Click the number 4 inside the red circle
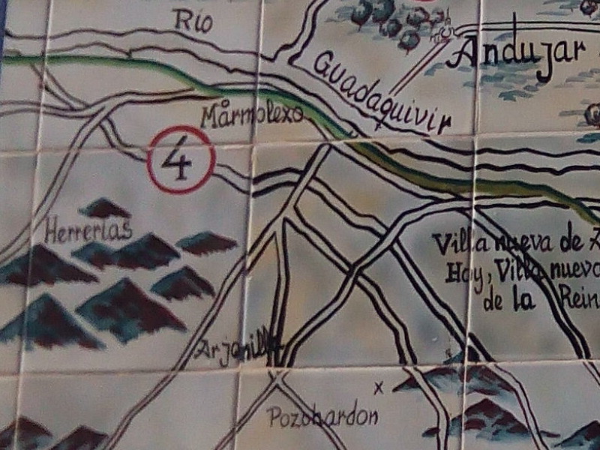click(x=181, y=160)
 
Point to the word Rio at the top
click(x=193, y=20)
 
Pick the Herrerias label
click(x=88, y=229)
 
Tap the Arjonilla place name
click(x=238, y=347)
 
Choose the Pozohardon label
click(x=322, y=417)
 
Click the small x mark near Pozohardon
click(x=378, y=387)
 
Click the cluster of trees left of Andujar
click(x=390, y=22)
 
